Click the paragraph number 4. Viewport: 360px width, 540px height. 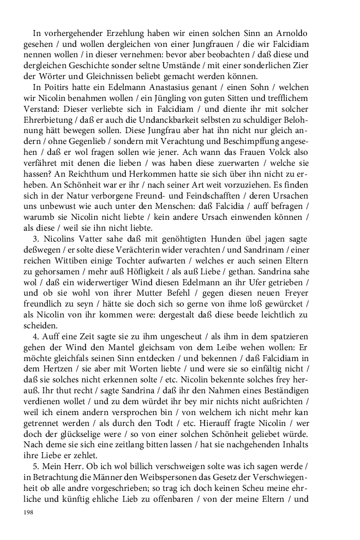[x=35, y=351]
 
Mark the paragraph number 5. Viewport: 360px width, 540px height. [x=35, y=471]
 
